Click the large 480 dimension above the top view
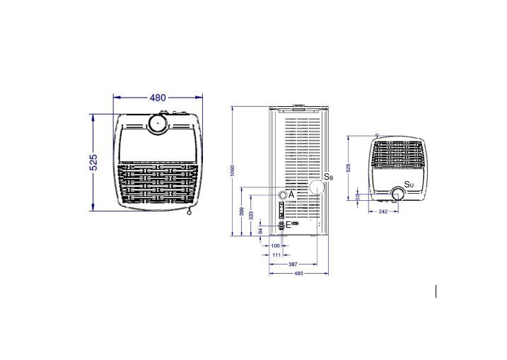tap(158, 98)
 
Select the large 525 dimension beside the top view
tap(93, 162)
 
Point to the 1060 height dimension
tap(233, 170)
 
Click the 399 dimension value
tap(242, 211)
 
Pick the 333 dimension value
tap(252, 216)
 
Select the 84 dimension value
tap(261, 230)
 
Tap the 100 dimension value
tap(275, 245)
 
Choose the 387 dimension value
tap(293, 264)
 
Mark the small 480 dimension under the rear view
tap(298, 273)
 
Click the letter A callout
tap(292, 194)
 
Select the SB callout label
tap(328, 177)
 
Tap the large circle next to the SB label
tap(315, 187)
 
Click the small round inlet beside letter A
tap(282, 195)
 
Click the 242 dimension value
tap(383, 211)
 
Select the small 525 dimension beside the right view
tap(347, 168)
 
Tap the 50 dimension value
tap(358, 197)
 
